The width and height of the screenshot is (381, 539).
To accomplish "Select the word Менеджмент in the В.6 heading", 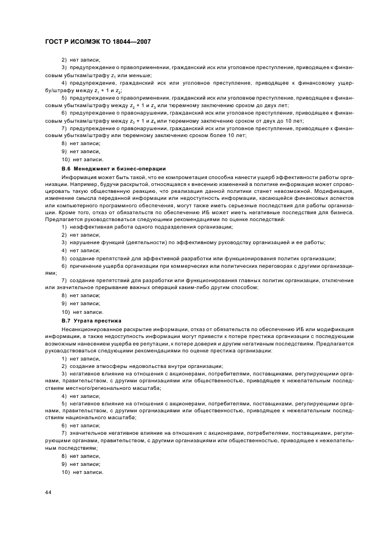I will coord(89,168).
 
